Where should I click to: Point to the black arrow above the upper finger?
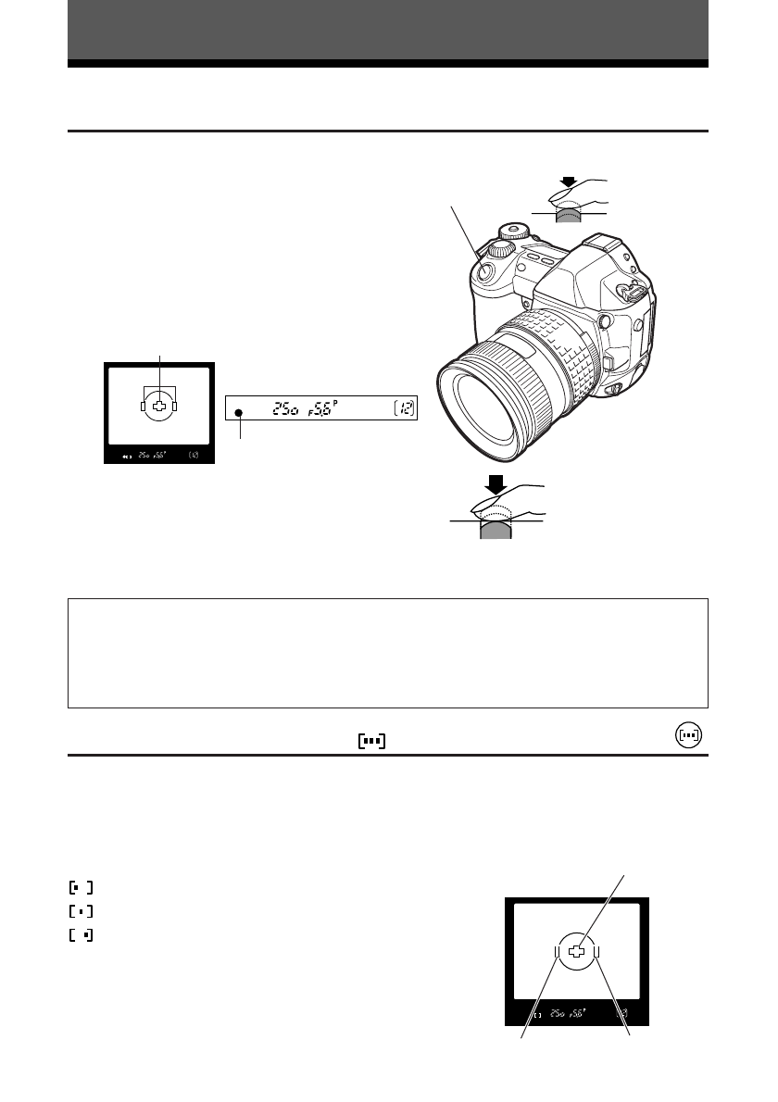click(568, 183)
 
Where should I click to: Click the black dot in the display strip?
click(239, 413)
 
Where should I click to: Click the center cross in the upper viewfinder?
click(159, 406)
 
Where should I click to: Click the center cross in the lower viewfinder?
click(576, 951)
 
